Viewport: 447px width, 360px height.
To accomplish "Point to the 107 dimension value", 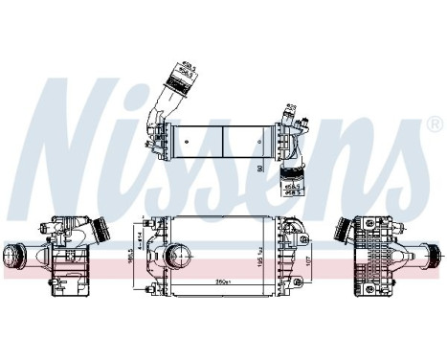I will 307,259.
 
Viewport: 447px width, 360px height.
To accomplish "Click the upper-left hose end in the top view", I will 178,74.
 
